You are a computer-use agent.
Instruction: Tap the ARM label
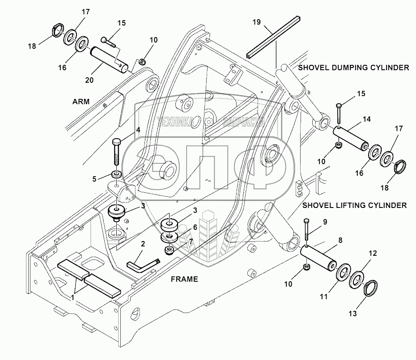pos(81,102)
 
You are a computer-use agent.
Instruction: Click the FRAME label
pos(184,279)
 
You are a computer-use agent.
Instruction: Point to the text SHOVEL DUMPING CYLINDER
pos(353,68)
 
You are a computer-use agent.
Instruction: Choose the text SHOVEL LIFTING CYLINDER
pos(354,205)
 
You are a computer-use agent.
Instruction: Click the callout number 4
pos(138,130)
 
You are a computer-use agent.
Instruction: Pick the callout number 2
pos(143,244)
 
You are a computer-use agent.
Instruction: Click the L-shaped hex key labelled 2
pos(142,266)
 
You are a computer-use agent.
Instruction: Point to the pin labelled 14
pos(352,138)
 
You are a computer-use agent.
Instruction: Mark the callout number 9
pos(324,221)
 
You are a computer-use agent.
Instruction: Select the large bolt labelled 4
pos(116,152)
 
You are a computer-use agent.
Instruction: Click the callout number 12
pos(372,253)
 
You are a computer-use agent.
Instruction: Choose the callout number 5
pos(94,178)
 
